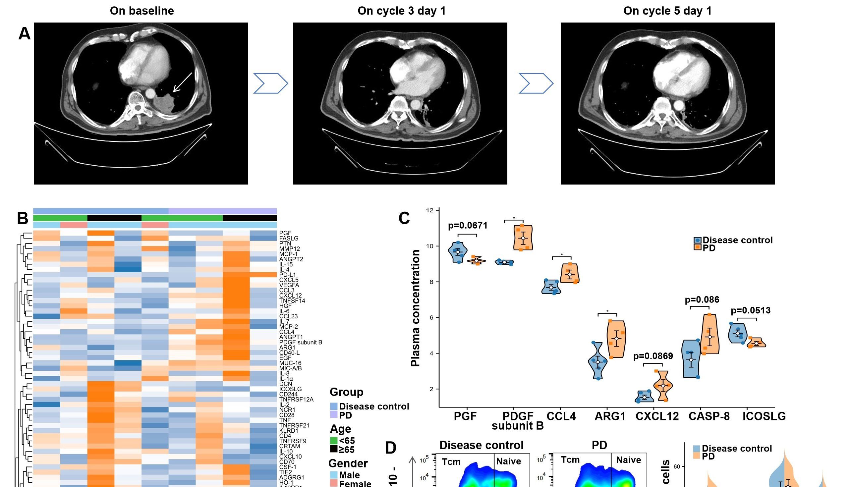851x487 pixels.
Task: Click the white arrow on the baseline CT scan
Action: point(182,82)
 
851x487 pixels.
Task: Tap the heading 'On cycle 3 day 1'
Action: point(401,11)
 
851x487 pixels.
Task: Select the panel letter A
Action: point(25,34)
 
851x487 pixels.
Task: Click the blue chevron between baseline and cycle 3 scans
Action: point(270,83)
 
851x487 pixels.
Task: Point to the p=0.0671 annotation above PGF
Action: point(467,225)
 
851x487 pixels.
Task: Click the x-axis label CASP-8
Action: point(709,416)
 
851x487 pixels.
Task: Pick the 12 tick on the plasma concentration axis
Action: point(429,210)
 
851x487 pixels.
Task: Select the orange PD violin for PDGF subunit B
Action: point(523,238)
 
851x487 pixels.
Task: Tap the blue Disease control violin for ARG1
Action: point(598,361)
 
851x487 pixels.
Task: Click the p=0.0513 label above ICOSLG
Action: point(751,310)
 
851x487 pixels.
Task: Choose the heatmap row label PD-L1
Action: point(287,275)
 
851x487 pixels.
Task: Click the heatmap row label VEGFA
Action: point(289,285)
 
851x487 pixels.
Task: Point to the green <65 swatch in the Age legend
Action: point(333,441)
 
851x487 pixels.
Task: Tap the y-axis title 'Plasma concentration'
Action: point(415,308)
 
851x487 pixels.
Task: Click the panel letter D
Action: point(391,448)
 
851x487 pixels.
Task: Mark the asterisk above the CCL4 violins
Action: point(562,255)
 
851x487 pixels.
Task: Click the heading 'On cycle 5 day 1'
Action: point(667,11)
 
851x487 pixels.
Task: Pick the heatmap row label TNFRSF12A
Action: point(296,399)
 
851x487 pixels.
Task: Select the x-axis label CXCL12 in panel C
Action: point(657,416)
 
